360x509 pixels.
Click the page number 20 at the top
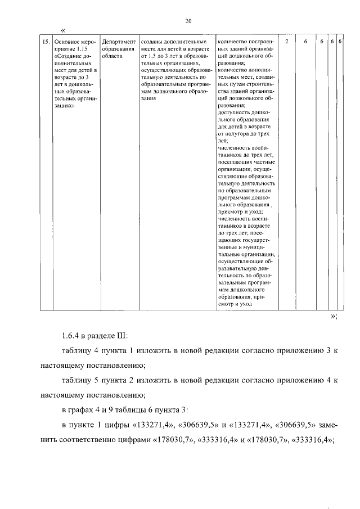tap(188, 21)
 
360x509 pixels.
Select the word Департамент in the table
tap(119, 42)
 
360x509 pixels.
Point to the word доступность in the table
tap(233, 112)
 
